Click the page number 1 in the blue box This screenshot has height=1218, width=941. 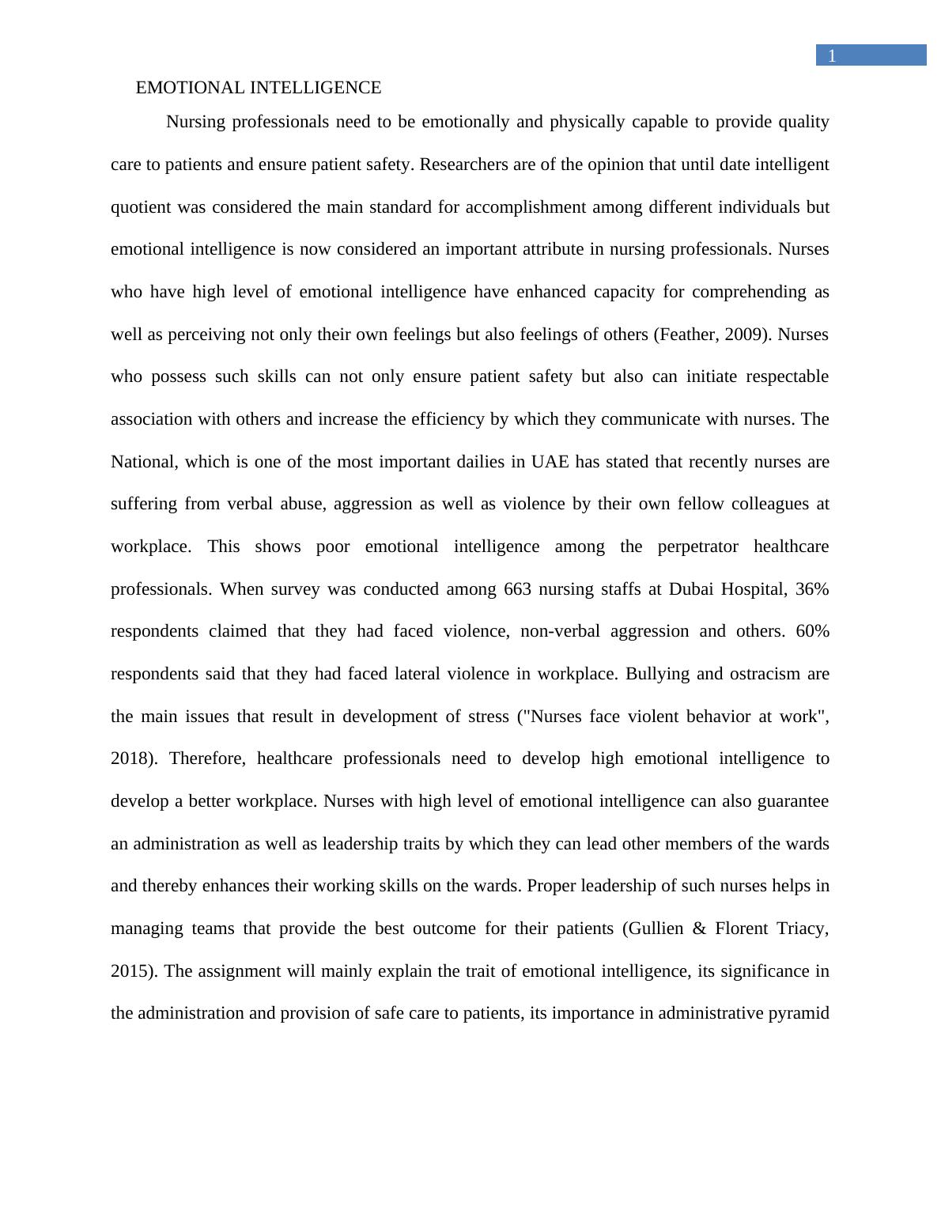[831, 56]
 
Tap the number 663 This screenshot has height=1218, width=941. [517, 589]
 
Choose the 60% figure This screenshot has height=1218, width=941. [812, 631]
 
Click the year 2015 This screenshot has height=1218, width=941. [129, 971]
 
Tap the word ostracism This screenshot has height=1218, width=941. [760, 674]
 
